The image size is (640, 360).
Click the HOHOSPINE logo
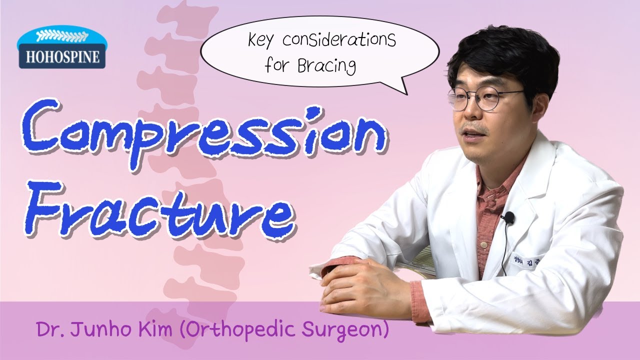click(61, 49)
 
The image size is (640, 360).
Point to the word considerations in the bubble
click(339, 40)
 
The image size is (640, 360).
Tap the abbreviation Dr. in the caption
click(47, 329)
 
